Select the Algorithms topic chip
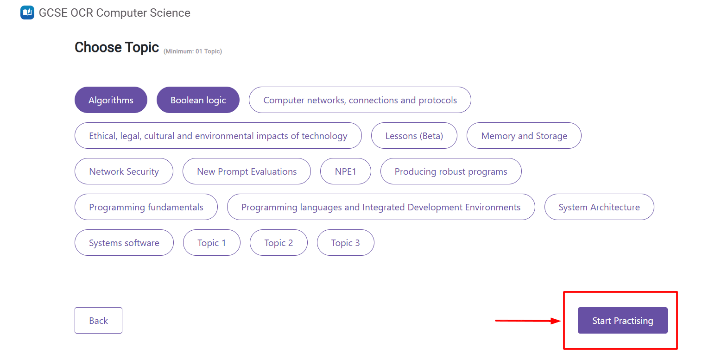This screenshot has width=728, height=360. click(x=111, y=100)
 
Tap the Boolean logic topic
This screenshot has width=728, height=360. click(x=198, y=100)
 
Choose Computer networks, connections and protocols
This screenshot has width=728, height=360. click(x=360, y=100)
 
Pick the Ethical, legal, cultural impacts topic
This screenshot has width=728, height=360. click(x=218, y=135)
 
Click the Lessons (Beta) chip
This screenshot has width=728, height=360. click(x=414, y=135)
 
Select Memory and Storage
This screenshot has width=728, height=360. click(x=524, y=135)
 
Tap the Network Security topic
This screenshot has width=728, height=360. click(x=124, y=171)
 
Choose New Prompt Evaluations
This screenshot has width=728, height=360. click(x=247, y=171)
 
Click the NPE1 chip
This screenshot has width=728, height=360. click(x=346, y=171)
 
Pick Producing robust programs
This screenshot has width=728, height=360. click(x=451, y=171)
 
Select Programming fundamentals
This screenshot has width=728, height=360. click(x=146, y=207)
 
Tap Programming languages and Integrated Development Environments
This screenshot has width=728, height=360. click(x=381, y=207)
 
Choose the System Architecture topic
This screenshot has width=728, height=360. click(x=599, y=207)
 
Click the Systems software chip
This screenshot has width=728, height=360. click(x=124, y=243)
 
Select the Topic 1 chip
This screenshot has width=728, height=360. click(x=212, y=243)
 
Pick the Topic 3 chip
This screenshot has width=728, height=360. click(x=346, y=243)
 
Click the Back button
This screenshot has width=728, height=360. click(x=99, y=320)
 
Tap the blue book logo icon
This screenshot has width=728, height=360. click(x=27, y=13)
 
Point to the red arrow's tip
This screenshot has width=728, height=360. click(x=561, y=321)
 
